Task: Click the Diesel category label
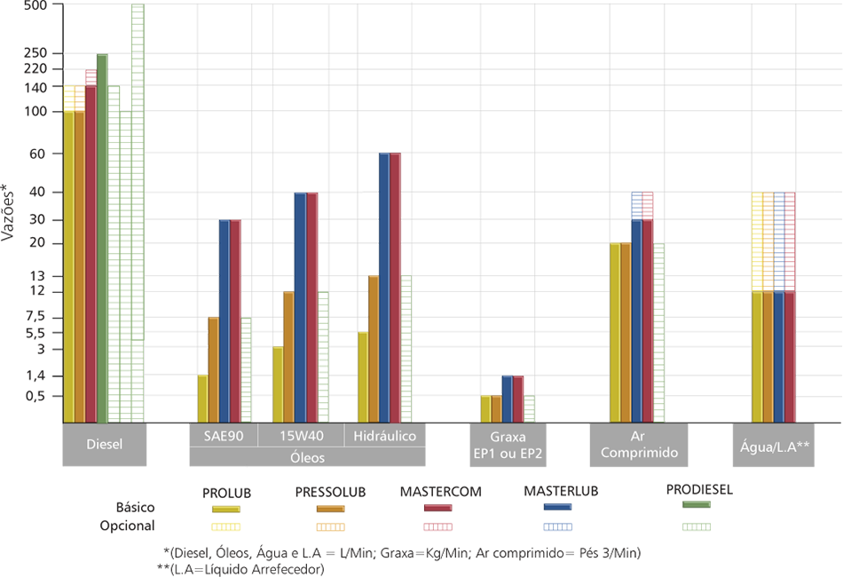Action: [x=105, y=444]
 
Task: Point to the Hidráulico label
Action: [x=384, y=436]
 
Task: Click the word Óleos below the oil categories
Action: [x=307, y=458]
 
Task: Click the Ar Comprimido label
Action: [x=639, y=444]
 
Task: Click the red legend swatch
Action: [x=434, y=522]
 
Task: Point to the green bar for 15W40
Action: [x=323, y=355]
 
